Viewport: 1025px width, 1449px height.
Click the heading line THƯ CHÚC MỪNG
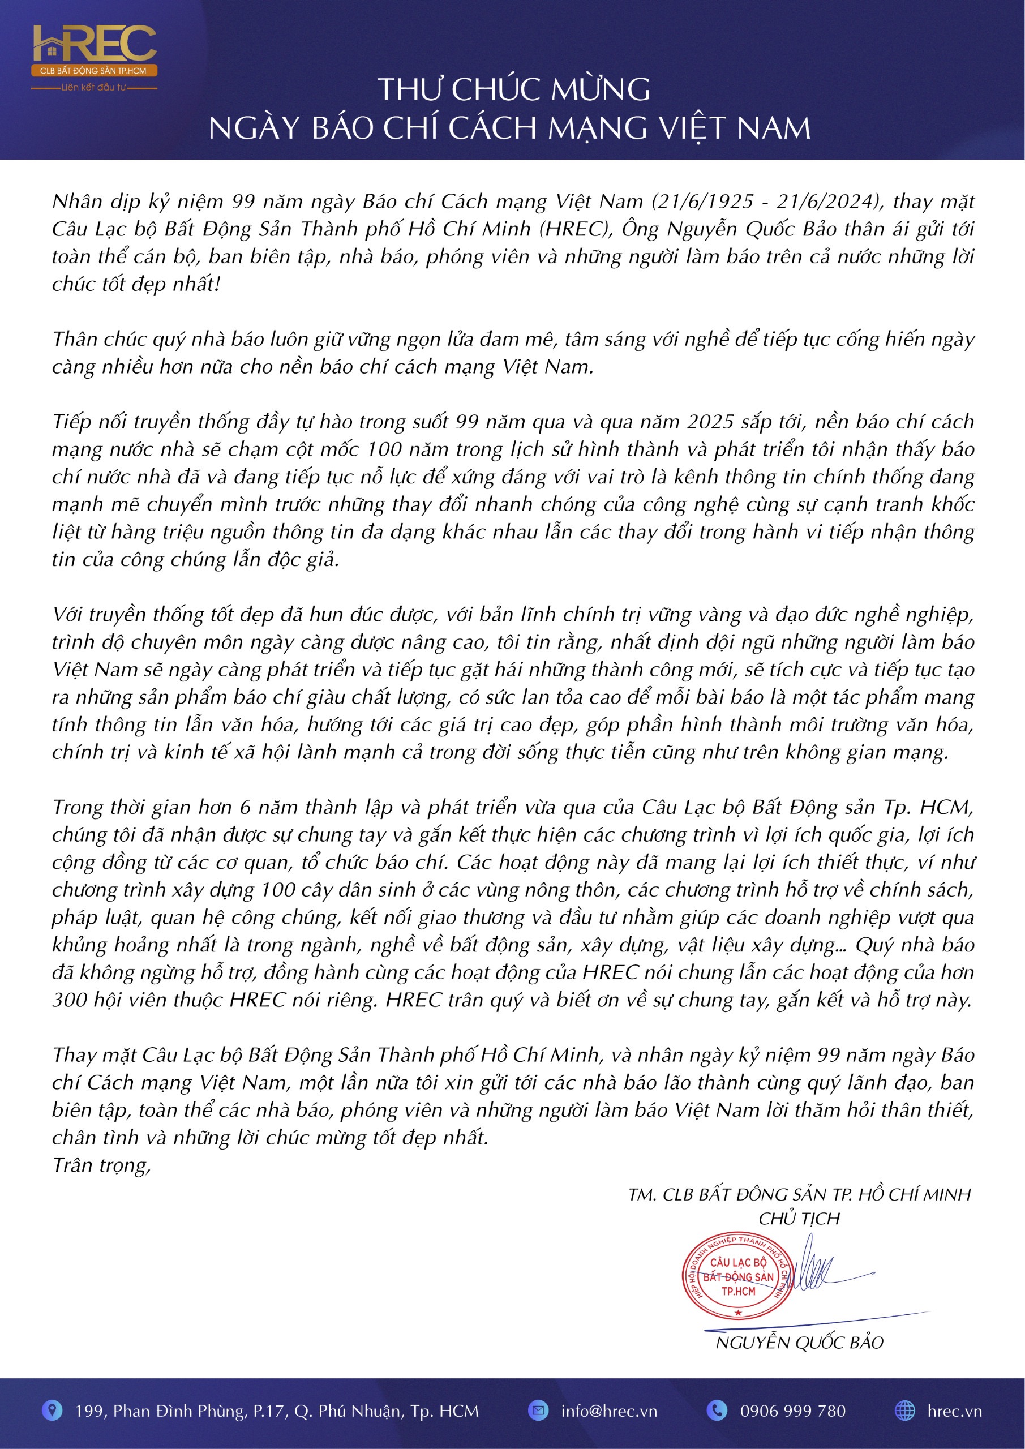(x=514, y=89)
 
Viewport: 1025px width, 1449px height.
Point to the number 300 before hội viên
(x=70, y=1000)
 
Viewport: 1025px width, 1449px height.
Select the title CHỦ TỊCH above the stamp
(x=799, y=1219)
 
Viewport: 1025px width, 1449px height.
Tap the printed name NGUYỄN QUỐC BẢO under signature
(x=799, y=1343)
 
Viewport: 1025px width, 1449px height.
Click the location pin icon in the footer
(x=52, y=1411)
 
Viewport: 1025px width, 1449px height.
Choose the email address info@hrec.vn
(x=608, y=1411)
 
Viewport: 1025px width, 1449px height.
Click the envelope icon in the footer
(x=538, y=1411)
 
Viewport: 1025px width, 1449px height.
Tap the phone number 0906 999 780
(x=793, y=1411)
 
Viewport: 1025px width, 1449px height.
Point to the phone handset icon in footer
(x=717, y=1411)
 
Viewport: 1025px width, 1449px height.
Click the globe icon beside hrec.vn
(x=905, y=1411)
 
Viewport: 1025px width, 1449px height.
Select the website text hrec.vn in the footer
(x=954, y=1411)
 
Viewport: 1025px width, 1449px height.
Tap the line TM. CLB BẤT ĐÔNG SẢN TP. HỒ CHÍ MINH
(x=799, y=1194)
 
